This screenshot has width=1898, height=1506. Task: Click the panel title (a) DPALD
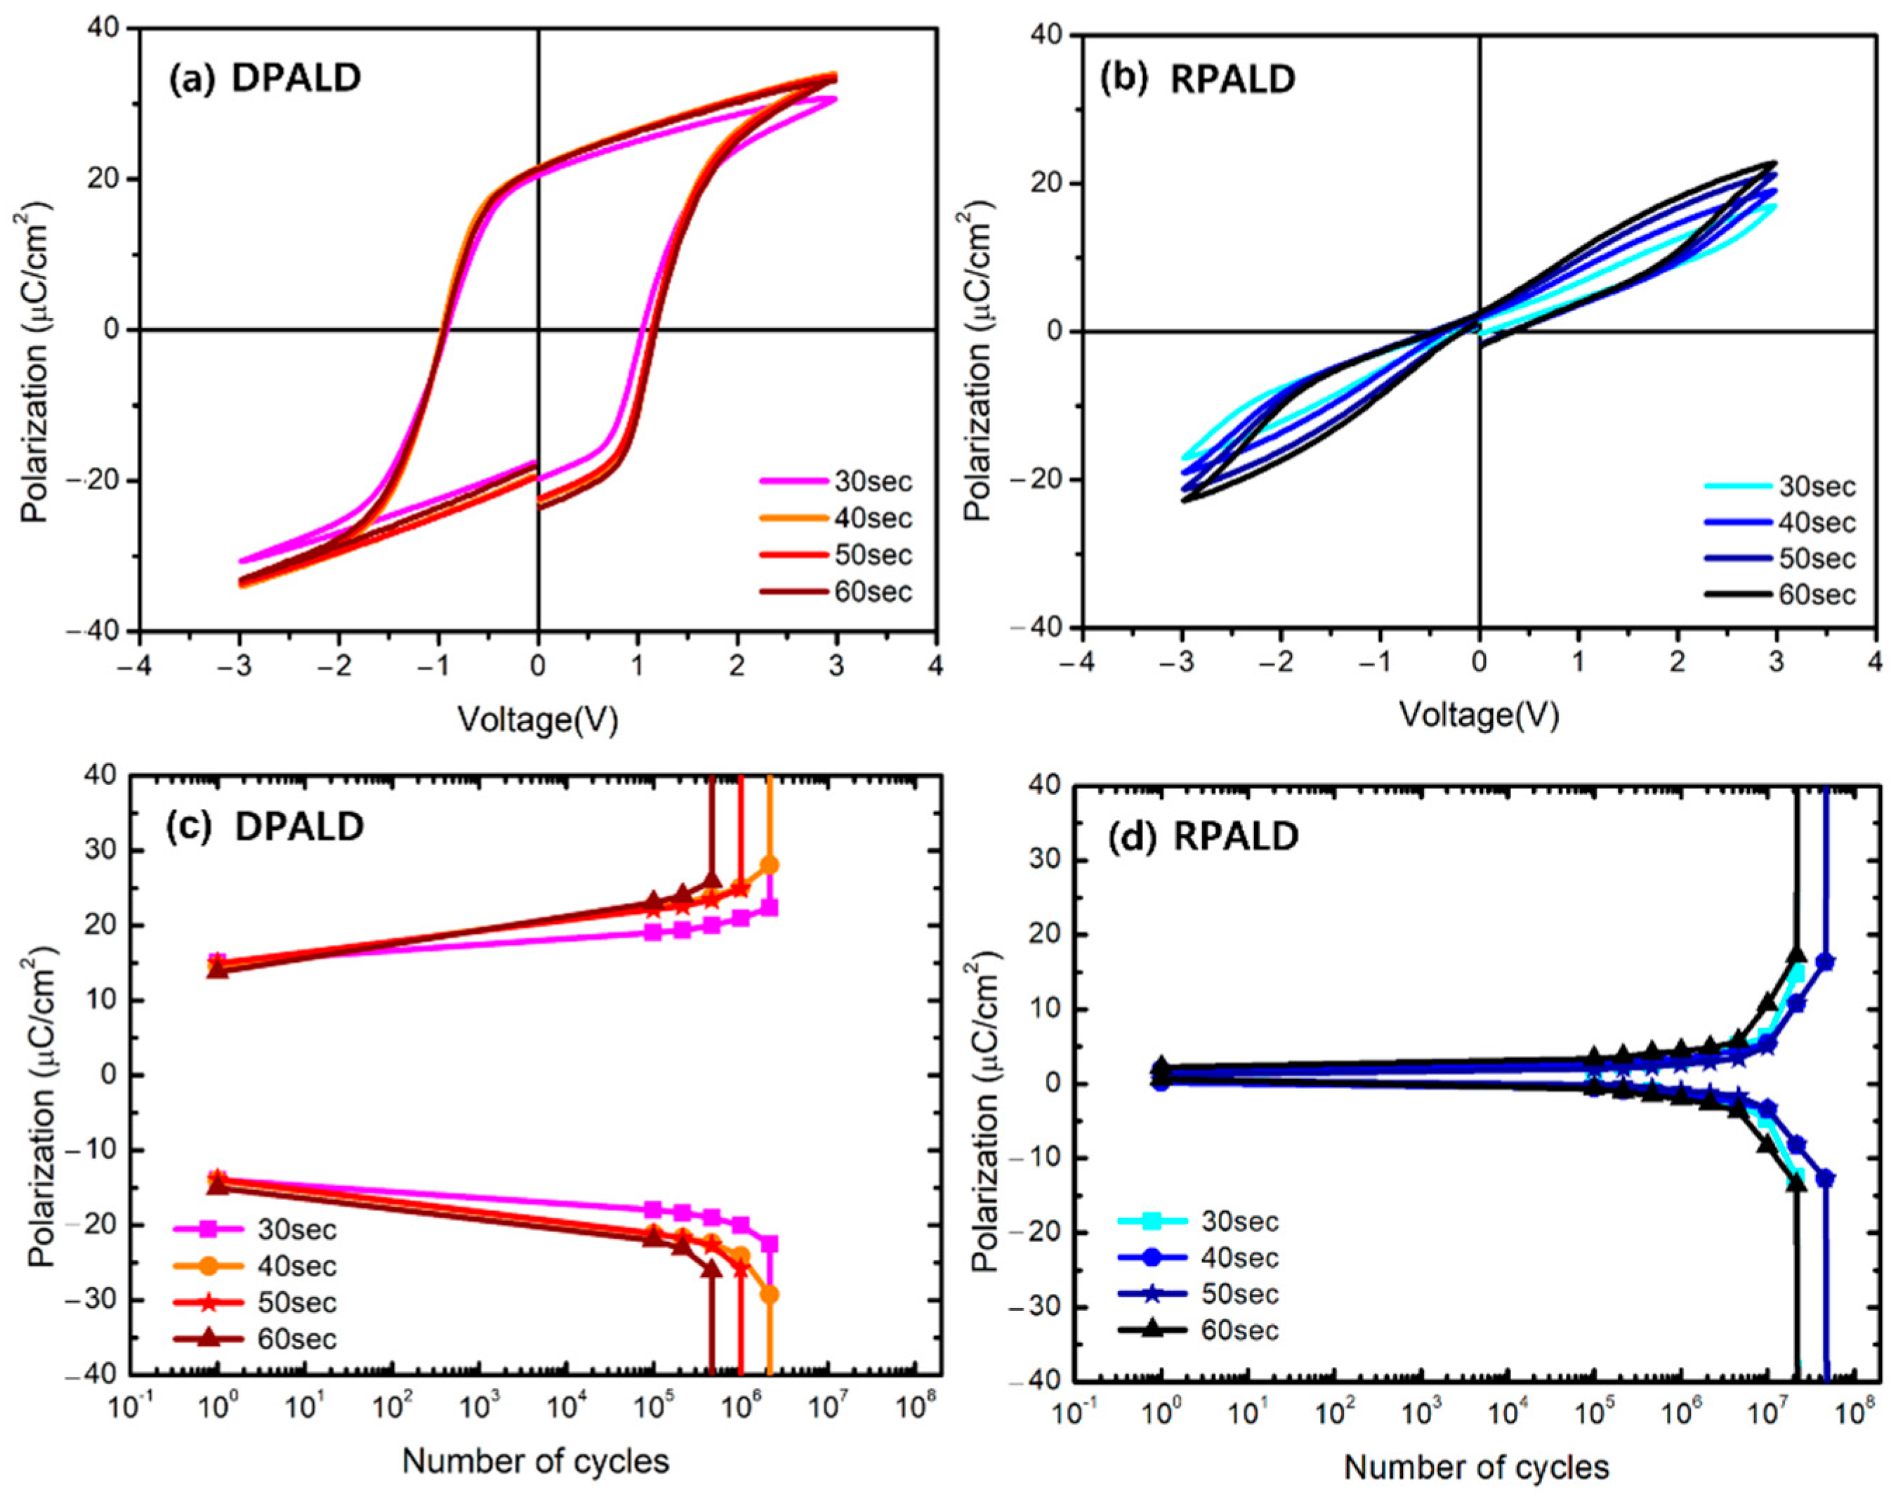[264, 79]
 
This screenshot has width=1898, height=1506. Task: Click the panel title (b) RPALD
[1197, 79]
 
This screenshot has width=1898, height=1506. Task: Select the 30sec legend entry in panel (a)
[872, 482]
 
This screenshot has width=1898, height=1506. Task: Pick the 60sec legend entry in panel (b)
[1816, 595]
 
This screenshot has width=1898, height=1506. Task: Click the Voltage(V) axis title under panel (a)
[538, 720]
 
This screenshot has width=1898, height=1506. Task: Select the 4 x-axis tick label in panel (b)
[1875, 661]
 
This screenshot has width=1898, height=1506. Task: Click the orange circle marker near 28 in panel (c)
[770, 865]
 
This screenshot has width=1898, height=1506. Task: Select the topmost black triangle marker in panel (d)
[1796, 954]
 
